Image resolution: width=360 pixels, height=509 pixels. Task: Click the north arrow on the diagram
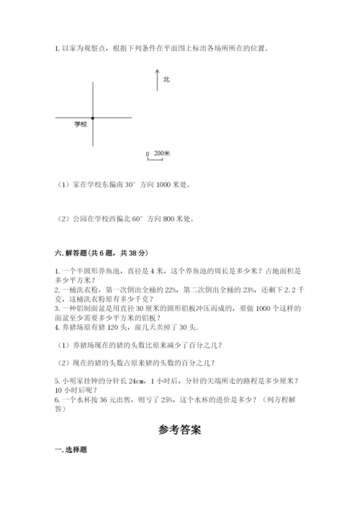156,80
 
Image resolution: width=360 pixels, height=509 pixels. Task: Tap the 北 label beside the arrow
166,80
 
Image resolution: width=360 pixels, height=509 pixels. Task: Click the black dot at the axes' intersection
92,117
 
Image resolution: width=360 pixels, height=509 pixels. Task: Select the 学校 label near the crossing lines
80,125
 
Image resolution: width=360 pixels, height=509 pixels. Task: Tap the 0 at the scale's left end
147,154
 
